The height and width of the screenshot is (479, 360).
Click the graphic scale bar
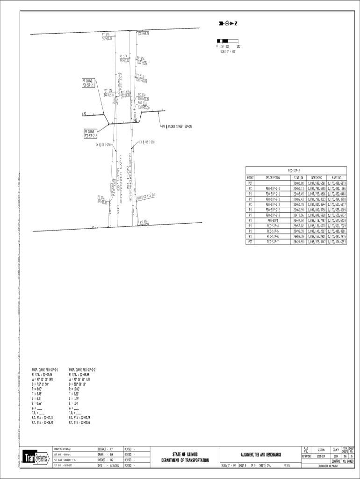pos(228,42)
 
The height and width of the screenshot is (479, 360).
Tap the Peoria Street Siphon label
pos(177,127)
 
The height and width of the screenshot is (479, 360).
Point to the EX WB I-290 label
pos(147,142)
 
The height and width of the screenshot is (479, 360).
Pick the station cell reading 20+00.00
pos(298,183)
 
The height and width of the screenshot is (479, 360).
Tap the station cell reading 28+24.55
pos(298,242)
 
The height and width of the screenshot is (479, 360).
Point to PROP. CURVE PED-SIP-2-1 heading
pos(45,370)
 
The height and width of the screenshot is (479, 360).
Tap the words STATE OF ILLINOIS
pos(185,454)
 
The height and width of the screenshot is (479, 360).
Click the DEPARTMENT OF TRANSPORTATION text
pos(185,461)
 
